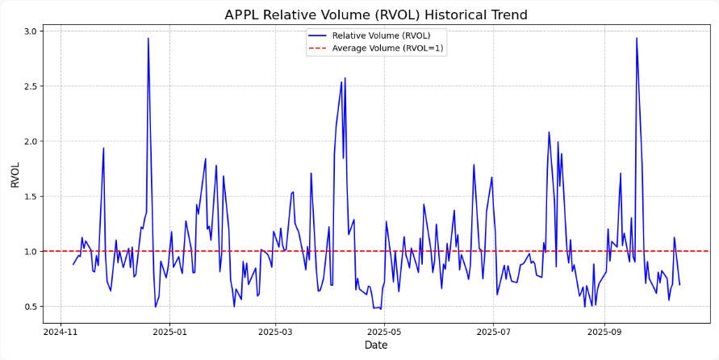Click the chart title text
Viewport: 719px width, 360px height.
pos(375,15)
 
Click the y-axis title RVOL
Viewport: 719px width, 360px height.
pos(15,174)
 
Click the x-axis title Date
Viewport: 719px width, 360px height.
pos(375,345)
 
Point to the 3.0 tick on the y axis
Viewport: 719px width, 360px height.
pos(29,31)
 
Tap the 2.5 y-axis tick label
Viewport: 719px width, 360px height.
pos(29,86)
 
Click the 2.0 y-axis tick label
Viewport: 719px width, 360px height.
pos(29,141)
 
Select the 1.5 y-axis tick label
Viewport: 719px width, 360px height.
pos(29,196)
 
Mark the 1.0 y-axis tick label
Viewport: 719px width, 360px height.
pos(29,252)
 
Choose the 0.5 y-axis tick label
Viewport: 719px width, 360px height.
pos(29,307)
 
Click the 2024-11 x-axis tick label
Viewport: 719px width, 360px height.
pos(60,331)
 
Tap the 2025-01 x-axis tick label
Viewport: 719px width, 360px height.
pos(169,331)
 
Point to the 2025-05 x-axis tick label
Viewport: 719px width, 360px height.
pos(384,331)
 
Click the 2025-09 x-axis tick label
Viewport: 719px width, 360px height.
pos(604,331)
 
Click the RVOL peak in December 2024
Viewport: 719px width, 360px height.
pos(148,38)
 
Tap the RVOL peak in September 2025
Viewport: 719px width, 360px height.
pos(636,38)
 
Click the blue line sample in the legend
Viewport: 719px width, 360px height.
pos(318,36)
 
